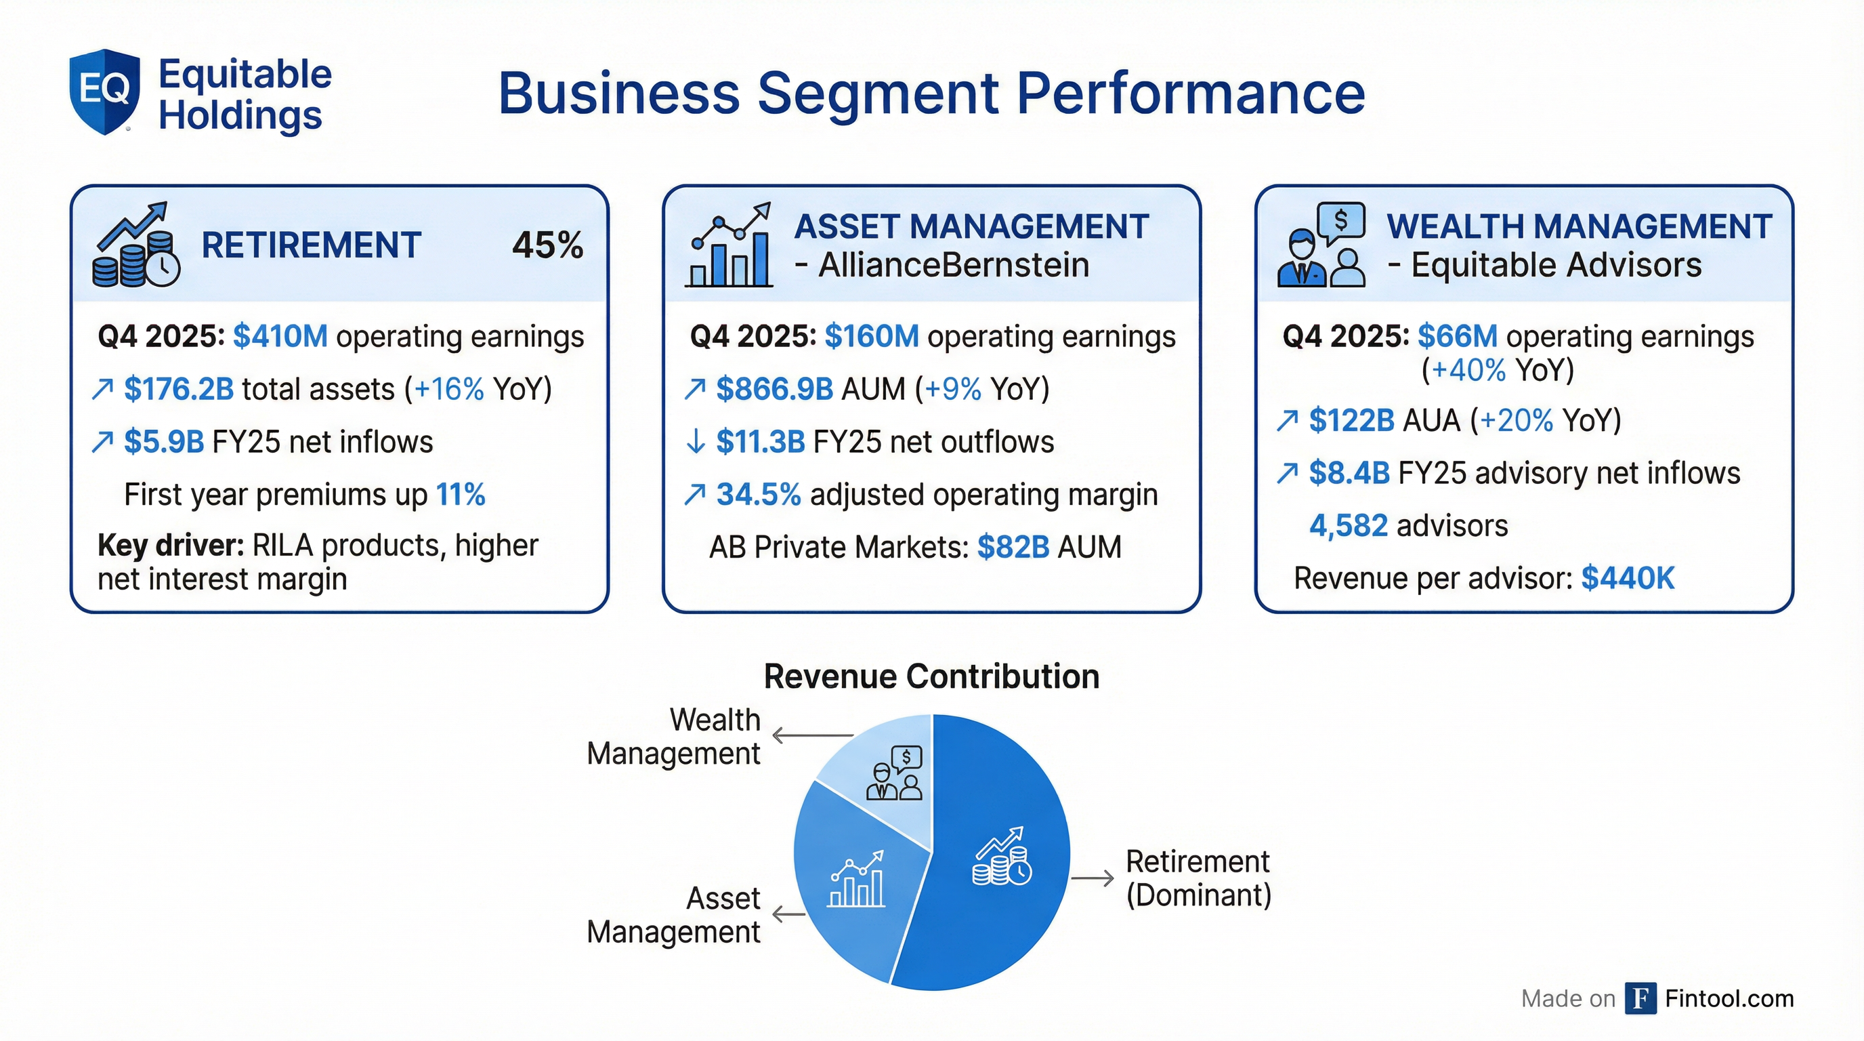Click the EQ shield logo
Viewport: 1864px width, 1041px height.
coord(104,91)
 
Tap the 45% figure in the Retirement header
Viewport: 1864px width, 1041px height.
coord(547,245)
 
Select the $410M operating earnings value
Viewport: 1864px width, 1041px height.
coord(280,337)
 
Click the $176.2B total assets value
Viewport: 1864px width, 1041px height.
coord(179,390)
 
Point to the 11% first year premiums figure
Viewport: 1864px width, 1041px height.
coord(460,495)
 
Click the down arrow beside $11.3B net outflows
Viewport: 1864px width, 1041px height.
coord(695,442)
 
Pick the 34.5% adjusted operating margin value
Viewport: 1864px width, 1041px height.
coord(759,495)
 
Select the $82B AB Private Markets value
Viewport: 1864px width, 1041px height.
coord(1013,548)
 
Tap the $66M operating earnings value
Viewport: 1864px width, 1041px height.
coord(1458,337)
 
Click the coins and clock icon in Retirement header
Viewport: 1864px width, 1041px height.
coord(135,246)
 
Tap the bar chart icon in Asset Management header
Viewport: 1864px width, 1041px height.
coord(729,246)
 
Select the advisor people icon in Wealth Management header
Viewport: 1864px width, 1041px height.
coord(1321,246)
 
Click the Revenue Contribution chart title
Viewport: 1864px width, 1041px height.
coord(931,677)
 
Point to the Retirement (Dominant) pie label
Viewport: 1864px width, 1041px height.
coord(1198,878)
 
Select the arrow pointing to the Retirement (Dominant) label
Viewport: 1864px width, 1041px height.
coord(1092,878)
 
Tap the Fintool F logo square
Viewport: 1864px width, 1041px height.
coord(1640,998)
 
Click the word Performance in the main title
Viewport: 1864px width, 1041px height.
coord(1191,94)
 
